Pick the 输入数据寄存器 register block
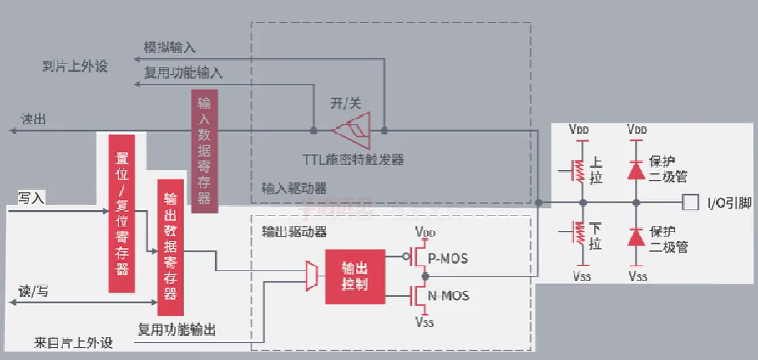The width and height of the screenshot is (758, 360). tap(205, 150)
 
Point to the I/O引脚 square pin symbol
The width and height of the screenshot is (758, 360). tap(689, 202)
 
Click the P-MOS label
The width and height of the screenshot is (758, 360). tap(447, 259)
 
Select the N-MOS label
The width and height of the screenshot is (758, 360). tap(447, 295)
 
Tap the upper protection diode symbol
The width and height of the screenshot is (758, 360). tap(637, 167)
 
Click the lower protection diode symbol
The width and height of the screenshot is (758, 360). tap(637, 237)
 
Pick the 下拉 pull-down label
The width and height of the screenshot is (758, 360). tap(595, 237)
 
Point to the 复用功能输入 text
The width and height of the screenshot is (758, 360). tap(184, 73)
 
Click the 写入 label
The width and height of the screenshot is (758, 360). tap(31, 197)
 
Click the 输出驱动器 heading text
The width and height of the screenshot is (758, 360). tap(293, 230)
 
